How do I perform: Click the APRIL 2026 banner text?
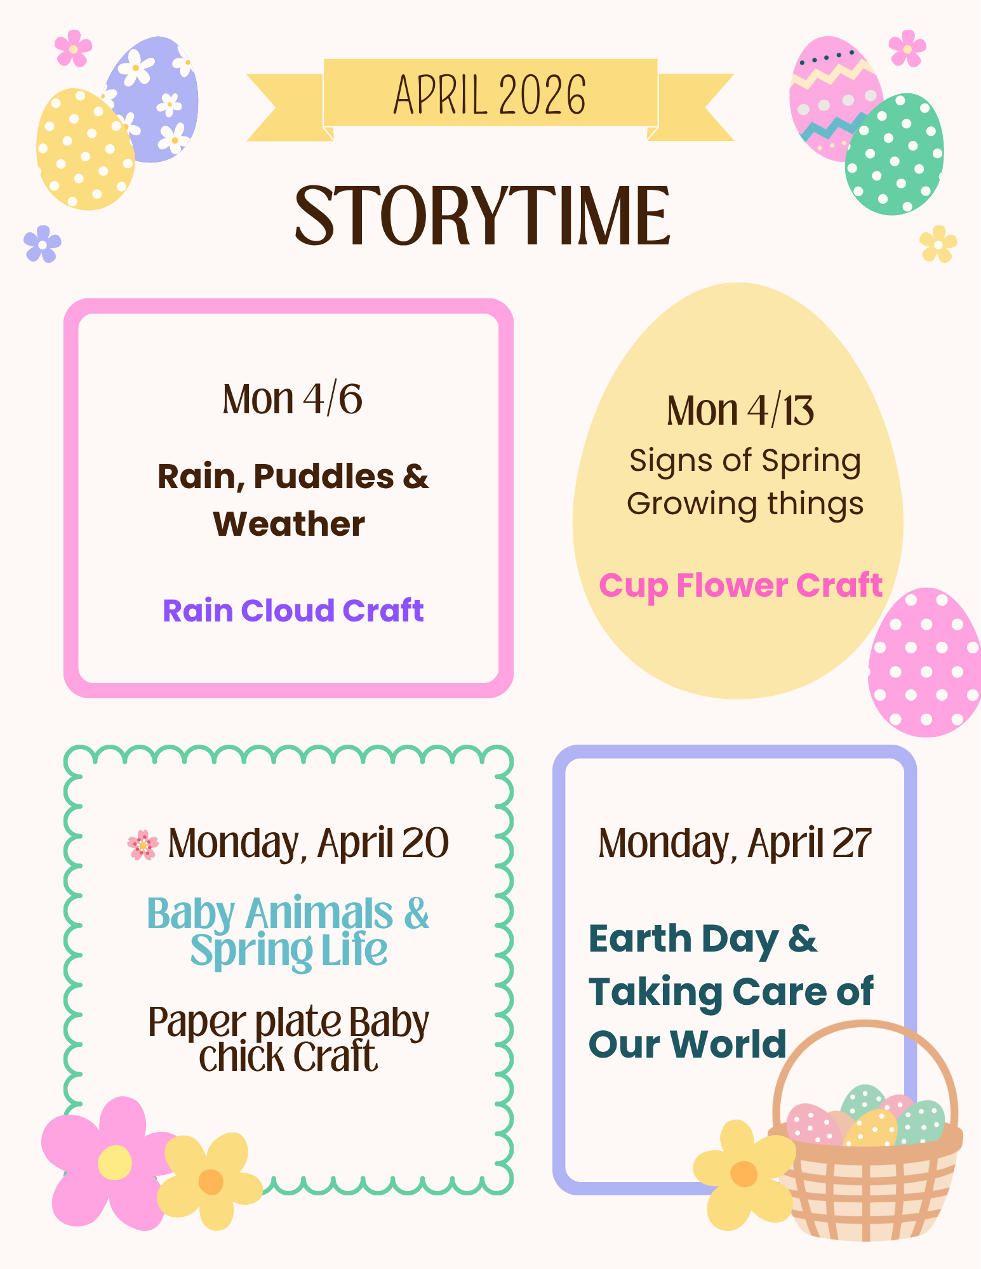[x=490, y=95]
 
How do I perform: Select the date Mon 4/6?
[x=292, y=399]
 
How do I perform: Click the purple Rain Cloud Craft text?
[x=293, y=611]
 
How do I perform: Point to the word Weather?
[x=289, y=524]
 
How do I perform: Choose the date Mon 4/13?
[x=740, y=411]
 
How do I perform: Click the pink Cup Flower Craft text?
[x=741, y=585]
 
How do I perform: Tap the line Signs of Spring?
[x=745, y=462]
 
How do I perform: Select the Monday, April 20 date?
[x=309, y=844]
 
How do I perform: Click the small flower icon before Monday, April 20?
[x=143, y=845]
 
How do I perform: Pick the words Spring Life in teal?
[x=289, y=950]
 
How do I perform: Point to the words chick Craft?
[x=289, y=1057]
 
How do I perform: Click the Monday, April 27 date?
[x=735, y=844]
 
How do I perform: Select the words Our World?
[x=688, y=1044]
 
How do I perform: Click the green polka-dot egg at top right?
[x=894, y=154]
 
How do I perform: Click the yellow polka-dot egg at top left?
[x=84, y=149]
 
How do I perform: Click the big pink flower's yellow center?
[x=115, y=1162]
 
